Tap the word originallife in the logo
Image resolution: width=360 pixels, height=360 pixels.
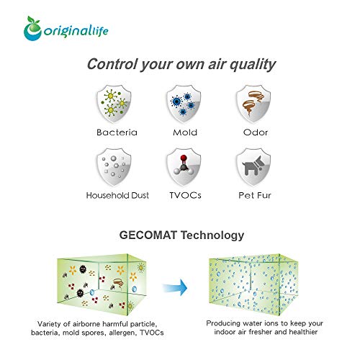76,31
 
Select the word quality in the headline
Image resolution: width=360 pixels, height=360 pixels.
253,65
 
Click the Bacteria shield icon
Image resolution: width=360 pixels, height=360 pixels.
114,104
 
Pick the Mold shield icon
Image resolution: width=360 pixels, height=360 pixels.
184,104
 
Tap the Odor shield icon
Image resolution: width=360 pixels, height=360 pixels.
253,104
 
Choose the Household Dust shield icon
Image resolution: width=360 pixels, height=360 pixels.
114,167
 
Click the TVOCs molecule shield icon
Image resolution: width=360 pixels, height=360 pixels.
184,167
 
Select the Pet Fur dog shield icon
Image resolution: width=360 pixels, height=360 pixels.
253,167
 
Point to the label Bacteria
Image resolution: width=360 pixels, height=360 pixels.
117,132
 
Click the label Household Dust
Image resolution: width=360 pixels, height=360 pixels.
117,195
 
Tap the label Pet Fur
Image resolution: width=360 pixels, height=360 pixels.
255,195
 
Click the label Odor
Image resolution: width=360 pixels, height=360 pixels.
256,132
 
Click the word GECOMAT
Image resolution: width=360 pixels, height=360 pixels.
148,235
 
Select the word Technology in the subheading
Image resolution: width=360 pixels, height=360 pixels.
212,235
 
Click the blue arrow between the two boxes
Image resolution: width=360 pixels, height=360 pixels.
175,287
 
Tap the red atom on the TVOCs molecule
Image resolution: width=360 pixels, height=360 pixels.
184,158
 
